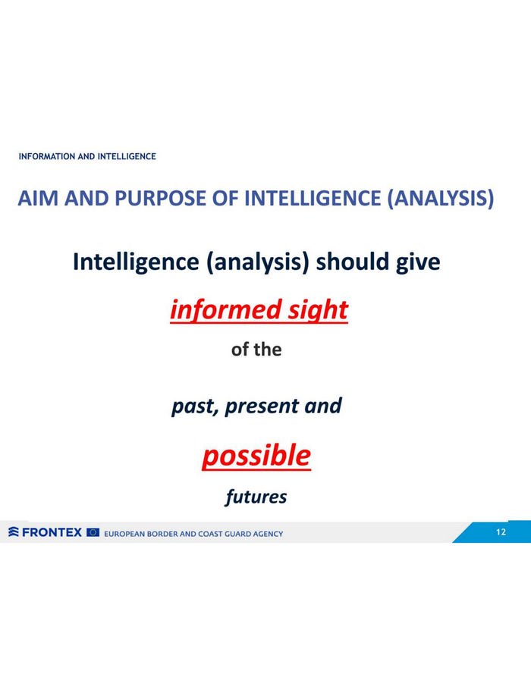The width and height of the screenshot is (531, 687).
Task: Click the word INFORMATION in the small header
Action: tap(47, 156)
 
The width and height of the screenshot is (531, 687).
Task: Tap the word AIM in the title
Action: tap(38, 198)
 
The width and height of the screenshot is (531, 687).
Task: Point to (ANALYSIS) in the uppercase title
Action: tap(441, 198)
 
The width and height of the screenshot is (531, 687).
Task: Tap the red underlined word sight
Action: tap(318, 311)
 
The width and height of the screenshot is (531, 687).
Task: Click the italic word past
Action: tap(195, 406)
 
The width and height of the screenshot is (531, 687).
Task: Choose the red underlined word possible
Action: tap(256, 456)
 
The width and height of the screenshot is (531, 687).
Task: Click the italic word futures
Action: tap(256, 497)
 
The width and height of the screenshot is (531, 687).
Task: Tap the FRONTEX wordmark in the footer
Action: tap(52, 532)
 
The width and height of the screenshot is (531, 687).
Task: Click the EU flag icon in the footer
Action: tap(93, 532)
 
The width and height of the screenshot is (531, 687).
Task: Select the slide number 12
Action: tap(501, 532)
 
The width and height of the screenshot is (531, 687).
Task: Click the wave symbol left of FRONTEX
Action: tap(14, 532)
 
